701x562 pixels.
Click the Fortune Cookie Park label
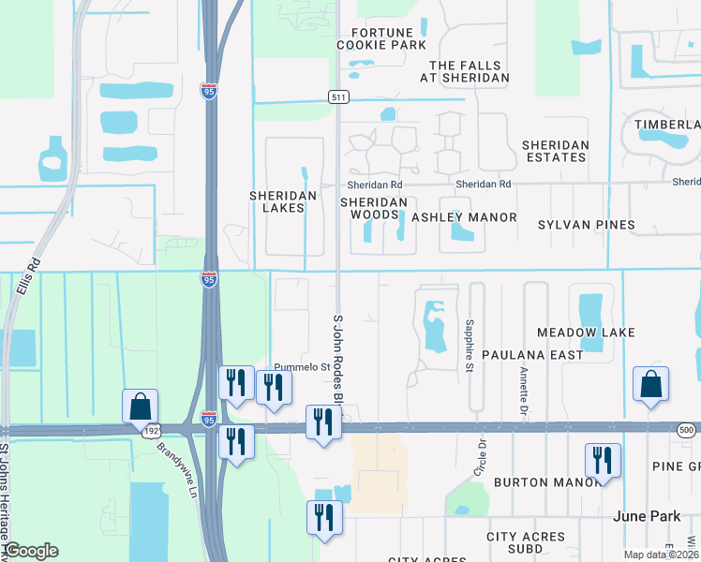(381, 36)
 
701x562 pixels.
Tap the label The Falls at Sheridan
(469, 71)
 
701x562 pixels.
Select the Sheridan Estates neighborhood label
(555, 151)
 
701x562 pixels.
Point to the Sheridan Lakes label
(278, 201)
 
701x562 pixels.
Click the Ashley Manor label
(464, 217)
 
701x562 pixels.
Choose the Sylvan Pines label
(586, 225)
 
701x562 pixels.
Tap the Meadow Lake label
(586, 333)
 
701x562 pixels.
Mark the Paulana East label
(532, 355)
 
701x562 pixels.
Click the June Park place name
(644, 516)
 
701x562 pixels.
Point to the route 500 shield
(688, 428)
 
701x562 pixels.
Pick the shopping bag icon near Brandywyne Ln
(140, 407)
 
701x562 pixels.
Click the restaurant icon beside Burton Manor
(603, 460)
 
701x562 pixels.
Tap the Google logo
(31, 551)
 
